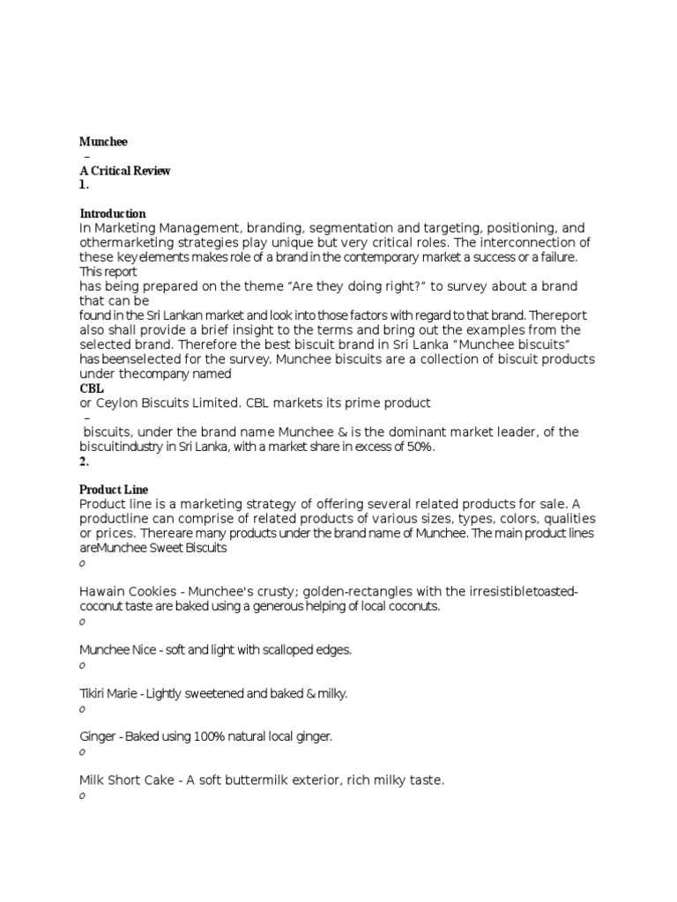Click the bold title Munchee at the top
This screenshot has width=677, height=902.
pyautogui.click(x=103, y=141)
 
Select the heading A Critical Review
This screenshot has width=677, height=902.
pyautogui.click(x=124, y=171)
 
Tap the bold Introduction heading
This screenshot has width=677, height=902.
pyautogui.click(x=113, y=214)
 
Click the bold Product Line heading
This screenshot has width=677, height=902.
pyautogui.click(x=114, y=490)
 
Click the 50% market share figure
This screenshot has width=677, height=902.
pyautogui.click(x=421, y=447)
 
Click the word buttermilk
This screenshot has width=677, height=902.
pyautogui.click(x=256, y=780)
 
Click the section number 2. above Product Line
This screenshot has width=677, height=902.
pyautogui.click(x=85, y=461)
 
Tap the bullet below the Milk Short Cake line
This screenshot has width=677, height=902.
pyautogui.click(x=82, y=796)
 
